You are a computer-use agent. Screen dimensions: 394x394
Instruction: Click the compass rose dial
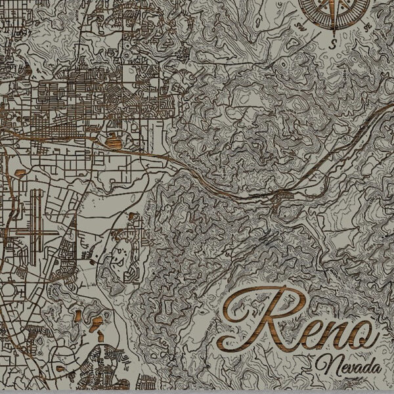pyautogui.click(x=334, y=9)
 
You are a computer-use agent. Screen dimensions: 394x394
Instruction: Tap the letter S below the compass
pyautogui.click(x=334, y=44)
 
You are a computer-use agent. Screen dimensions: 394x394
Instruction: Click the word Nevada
pyautogui.click(x=349, y=364)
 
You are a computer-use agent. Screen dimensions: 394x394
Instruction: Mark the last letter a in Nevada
pyautogui.click(x=377, y=366)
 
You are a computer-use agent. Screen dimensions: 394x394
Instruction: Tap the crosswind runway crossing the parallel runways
pyautogui.click(x=36, y=231)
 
